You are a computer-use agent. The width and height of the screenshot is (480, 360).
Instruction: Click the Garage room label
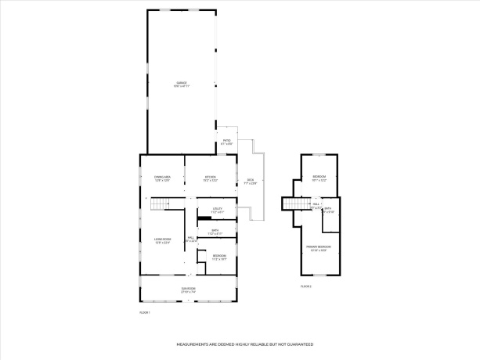(181, 84)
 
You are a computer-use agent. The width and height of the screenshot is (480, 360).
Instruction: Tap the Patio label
(226, 142)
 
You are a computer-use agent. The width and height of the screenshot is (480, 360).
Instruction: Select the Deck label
(251, 182)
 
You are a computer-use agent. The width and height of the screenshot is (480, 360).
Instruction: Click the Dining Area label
(162, 178)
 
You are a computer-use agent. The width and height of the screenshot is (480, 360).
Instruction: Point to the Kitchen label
(210, 178)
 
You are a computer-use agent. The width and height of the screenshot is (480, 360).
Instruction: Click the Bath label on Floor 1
(215, 232)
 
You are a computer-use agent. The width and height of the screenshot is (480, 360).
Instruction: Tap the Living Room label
(162, 241)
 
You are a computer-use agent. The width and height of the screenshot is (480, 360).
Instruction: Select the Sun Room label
(188, 290)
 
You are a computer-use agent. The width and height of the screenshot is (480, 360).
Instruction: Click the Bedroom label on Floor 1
(219, 257)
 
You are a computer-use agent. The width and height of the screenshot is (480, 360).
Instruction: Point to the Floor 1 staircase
(160, 205)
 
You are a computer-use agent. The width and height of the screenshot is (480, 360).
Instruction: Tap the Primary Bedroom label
(319, 248)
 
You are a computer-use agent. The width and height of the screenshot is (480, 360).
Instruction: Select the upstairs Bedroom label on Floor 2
(319, 178)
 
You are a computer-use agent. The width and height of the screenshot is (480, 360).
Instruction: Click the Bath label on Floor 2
(329, 211)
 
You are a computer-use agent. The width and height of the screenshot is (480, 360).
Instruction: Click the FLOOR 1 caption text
(144, 312)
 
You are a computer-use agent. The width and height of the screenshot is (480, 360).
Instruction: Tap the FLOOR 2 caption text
(306, 286)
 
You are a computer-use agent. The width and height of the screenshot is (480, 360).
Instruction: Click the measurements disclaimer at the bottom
(244, 344)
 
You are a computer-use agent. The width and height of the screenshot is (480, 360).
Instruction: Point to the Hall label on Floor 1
(190, 239)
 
